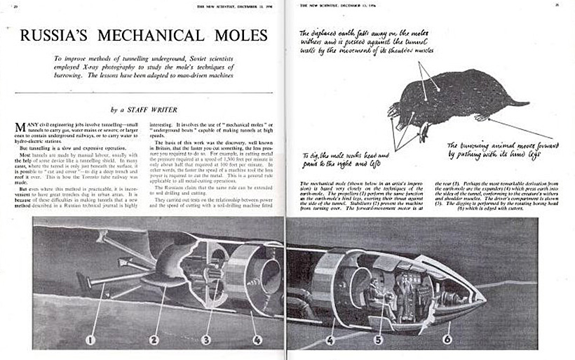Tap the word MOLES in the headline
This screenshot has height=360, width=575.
point(237,34)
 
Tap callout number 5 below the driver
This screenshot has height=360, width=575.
point(378,342)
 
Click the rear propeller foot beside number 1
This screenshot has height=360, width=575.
point(84,284)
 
